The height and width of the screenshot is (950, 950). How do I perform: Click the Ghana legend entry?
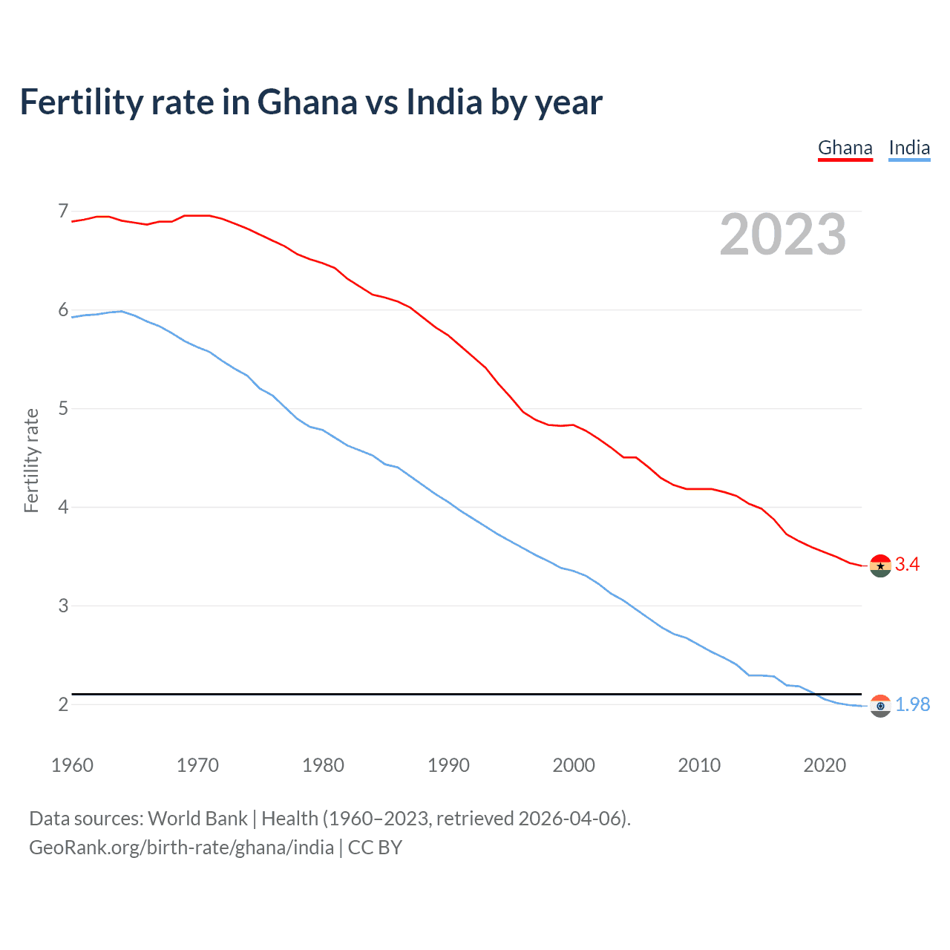click(845, 148)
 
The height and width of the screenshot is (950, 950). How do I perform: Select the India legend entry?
click(909, 148)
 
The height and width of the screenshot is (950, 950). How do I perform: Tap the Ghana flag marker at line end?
click(880, 566)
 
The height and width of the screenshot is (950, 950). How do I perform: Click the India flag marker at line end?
click(880, 706)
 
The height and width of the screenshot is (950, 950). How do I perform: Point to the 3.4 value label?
click(907, 565)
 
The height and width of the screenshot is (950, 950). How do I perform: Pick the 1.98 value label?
click(912, 705)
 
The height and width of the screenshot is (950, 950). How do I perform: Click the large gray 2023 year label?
click(783, 235)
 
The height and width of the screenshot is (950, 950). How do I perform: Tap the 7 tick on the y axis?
click(63, 212)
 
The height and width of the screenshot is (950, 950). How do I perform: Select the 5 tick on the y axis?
click(63, 409)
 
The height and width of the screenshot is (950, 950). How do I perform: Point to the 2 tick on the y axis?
click(63, 704)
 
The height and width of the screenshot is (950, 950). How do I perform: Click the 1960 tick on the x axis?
click(72, 765)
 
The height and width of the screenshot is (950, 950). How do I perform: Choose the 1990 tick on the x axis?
click(448, 765)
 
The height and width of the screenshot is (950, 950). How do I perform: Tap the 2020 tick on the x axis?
click(825, 765)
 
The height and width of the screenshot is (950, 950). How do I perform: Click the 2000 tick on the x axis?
click(574, 765)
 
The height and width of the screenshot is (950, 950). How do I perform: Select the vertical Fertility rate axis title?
click(31, 460)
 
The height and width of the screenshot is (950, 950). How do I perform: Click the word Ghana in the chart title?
click(307, 102)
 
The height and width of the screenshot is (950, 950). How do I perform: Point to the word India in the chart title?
click(445, 102)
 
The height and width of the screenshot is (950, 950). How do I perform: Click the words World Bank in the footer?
click(197, 819)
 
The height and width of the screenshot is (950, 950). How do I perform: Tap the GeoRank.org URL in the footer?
click(181, 848)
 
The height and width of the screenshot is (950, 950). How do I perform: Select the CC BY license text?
click(375, 848)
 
